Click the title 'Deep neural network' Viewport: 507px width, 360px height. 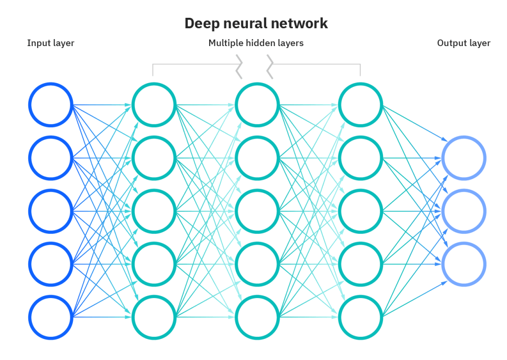click(x=256, y=23)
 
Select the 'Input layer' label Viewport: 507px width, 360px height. click(x=51, y=43)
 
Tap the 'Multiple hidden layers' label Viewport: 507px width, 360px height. click(x=256, y=43)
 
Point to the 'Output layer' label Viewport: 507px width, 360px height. click(x=463, y=43)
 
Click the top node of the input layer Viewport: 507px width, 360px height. click(x=51, y=105)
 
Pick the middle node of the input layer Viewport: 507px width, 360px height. click(x=51, y=211)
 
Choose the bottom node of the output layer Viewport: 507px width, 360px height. click(x=463, y=264)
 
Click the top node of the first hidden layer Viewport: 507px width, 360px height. click(x=154, y=105)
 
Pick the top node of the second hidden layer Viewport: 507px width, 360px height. click(x=257, y=105)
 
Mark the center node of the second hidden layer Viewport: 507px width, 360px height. click(x=257, y=211)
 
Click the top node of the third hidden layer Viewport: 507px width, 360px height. click(x=360, y=105)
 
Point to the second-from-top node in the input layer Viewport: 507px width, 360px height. click(x=51, y=158)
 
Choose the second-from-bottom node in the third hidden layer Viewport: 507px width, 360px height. click(x=360, y=264)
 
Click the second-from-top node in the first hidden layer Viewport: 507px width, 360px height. click(x=154, y=158)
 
